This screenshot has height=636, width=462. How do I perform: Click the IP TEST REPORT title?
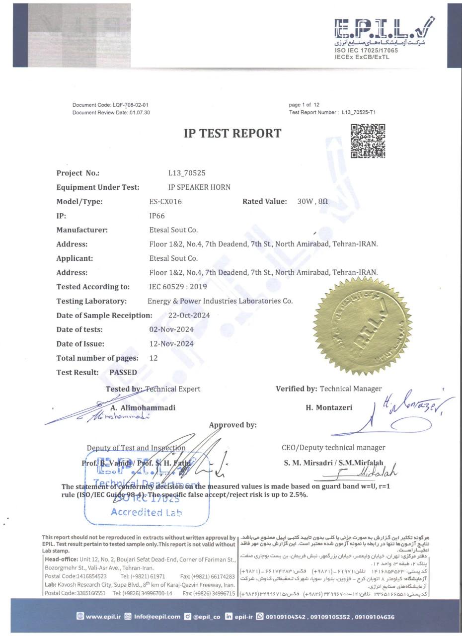click(x=232, y=133)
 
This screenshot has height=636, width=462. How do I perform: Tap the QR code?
click(x=368, y=141)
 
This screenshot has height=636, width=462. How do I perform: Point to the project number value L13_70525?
click(x=187, y=173)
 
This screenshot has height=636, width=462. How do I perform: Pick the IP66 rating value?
click(x=157, y=216)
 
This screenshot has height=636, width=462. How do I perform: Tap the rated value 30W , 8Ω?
click(x=312, y=201)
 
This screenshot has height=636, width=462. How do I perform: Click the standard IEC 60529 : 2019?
click(x=178, y=287)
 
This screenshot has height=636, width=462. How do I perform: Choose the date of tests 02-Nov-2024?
click(x=171, y=329)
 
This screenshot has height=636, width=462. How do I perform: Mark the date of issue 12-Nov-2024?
click(x=171, y=343)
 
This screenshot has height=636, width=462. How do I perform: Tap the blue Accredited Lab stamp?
click(x=147, y=489)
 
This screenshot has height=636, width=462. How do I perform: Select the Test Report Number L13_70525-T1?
click(x=359, y=112)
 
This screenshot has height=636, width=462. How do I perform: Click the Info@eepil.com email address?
click(x=156, y=617)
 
